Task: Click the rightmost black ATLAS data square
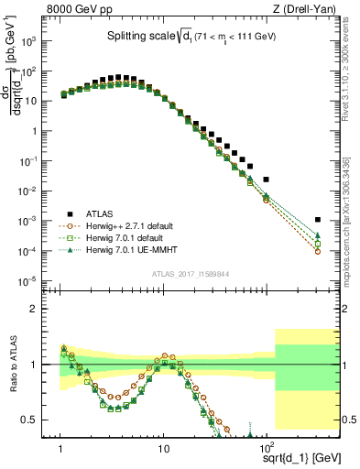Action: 317,220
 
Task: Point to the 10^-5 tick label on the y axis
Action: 33,281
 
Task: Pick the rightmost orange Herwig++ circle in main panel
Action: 317,251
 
